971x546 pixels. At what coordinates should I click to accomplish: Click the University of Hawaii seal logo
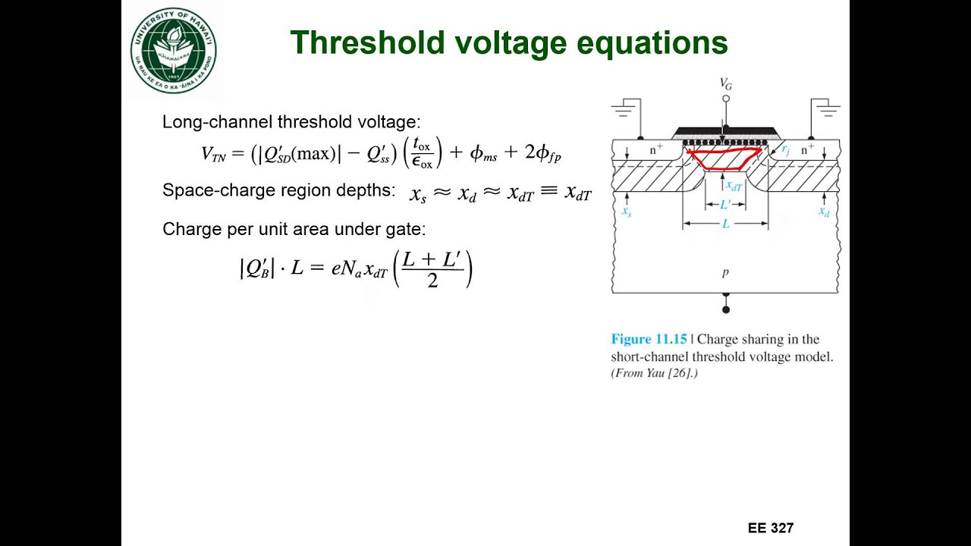click(174, 51)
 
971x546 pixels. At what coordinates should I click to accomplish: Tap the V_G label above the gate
click(726, 85)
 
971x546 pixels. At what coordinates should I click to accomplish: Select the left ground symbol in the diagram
click(624, 111)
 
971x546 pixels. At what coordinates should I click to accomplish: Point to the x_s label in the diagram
click(627, 212)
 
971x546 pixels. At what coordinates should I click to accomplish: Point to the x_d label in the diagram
click(824, 212)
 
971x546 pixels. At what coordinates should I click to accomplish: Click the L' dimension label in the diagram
click(726, 204)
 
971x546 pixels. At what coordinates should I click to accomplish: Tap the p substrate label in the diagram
click(726, 272)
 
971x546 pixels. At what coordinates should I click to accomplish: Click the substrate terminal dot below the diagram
click(726, 309)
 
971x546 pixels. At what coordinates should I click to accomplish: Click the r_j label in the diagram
click(786, 149)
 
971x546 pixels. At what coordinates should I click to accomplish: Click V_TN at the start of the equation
click(218, 154)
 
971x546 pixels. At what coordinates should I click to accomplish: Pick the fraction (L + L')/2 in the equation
click(432, 269)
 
